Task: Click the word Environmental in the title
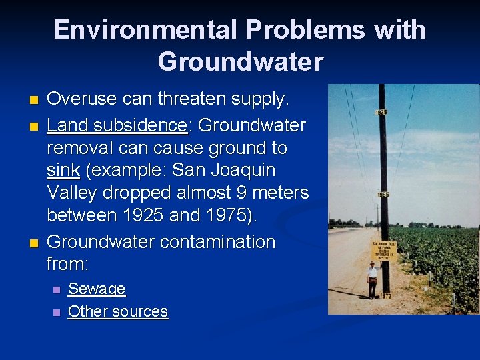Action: point(144,30)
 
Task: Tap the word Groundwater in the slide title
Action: point(240,62)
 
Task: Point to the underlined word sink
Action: point(63,170)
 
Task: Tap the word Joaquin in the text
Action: point(242,170)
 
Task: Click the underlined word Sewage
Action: point(97,289)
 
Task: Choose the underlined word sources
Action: point(140,311)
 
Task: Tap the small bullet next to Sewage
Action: point(56,290)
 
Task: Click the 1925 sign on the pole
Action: point(381,113)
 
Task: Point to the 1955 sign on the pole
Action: point(383,195)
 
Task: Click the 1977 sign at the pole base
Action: point(385,296)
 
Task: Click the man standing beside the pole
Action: point(372,279)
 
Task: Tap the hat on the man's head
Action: point(372,263)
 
